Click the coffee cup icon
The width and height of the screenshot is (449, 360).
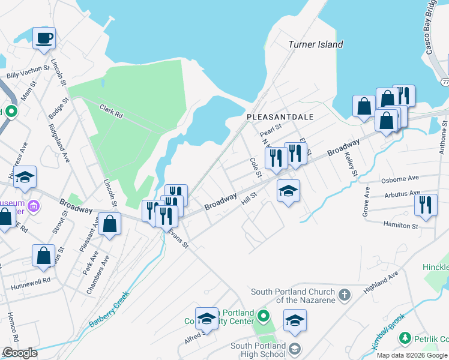pos(44,39)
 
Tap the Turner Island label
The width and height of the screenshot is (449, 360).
pos(315,44)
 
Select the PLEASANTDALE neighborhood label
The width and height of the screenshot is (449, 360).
pos(280,117)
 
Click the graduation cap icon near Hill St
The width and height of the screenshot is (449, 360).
pos(288,191)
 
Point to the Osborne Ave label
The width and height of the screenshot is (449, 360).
pos(400,179)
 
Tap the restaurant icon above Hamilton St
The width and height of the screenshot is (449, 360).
pos(426,205)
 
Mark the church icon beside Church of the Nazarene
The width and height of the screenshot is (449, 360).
pos(344,295)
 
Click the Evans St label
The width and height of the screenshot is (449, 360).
pos(178,238)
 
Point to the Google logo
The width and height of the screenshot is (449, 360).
pos(20,352)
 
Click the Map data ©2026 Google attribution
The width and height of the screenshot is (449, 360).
pos(412,355)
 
